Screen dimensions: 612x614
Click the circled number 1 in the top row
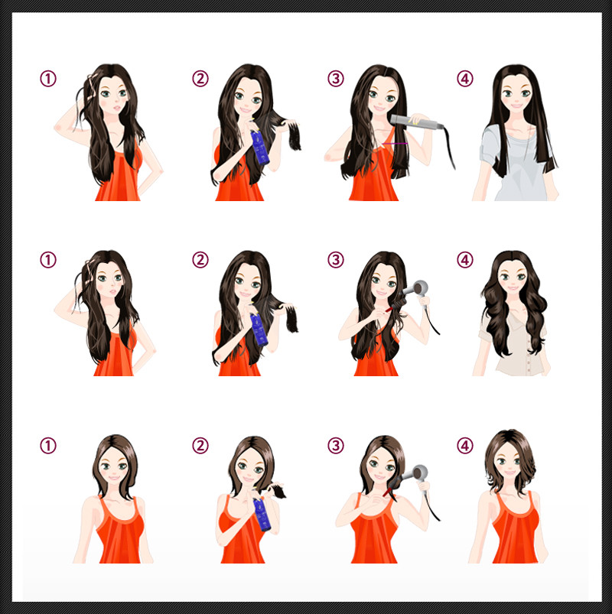coord(48,79)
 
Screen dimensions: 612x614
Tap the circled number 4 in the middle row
coord(465,260)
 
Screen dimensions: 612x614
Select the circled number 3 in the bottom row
coord(336,446)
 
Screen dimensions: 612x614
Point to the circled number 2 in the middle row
coord(200,260)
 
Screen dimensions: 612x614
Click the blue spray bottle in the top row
coord(260,147)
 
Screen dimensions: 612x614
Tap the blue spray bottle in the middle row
coord(259,330)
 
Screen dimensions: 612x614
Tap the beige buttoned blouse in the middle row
coord(514,345)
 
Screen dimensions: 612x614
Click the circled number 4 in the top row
coord(465,79)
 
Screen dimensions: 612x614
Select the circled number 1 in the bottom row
coord(48,446)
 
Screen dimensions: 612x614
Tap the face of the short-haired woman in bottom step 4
coord(509,465)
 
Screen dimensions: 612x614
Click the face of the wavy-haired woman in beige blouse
coord(513,280)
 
